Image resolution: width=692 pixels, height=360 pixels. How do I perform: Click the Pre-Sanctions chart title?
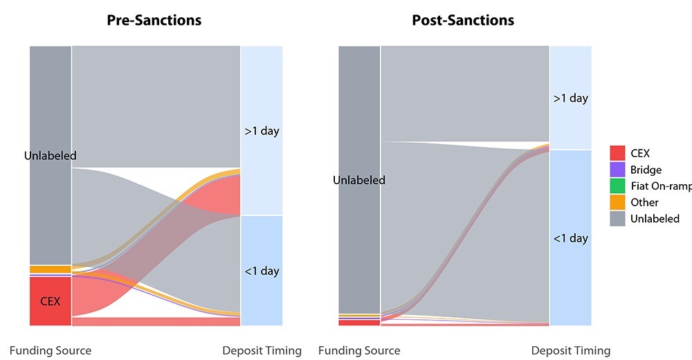(x=154, y=20)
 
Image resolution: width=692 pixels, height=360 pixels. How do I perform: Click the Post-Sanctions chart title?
(x=463, y=20)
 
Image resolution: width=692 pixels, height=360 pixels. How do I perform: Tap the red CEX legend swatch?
(x=618, y=153)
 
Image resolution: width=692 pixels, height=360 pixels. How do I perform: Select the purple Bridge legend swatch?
(x=618, y=170)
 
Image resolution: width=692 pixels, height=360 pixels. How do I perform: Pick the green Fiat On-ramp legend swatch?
(x=618, y=186)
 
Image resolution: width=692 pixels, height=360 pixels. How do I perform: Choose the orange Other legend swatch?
(x=618, y=202)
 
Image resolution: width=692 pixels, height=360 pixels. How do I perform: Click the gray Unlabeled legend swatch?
(x=618, y=219)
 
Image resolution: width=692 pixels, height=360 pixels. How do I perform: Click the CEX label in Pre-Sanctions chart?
(x=51, y=301)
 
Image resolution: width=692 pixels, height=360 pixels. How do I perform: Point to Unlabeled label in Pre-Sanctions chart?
(x=51, y=156)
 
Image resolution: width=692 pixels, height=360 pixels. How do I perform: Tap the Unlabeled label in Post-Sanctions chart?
(x=359, y=180)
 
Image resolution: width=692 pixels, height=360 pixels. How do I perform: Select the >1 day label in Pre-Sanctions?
(x=262, y=131)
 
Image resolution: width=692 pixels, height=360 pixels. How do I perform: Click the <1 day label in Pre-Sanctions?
(x=262, y=271)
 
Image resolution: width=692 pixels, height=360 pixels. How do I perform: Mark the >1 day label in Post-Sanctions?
(x=571, y=98)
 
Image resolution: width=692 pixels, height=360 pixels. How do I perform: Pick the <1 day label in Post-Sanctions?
(x=571, y=238)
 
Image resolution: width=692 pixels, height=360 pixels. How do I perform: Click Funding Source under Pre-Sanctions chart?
(x=51, y=350)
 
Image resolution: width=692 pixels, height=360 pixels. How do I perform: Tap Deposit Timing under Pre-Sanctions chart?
(x=262, y=350)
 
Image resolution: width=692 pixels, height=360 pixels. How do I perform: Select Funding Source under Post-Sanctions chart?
(x=359, y=350)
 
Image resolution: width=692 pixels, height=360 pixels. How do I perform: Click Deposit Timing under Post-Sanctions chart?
(x=571, y=350)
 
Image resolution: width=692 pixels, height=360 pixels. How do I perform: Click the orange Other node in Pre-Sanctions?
(x=51, y=269)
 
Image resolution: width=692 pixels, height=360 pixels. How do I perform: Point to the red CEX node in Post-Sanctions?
(x=359, y=322)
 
